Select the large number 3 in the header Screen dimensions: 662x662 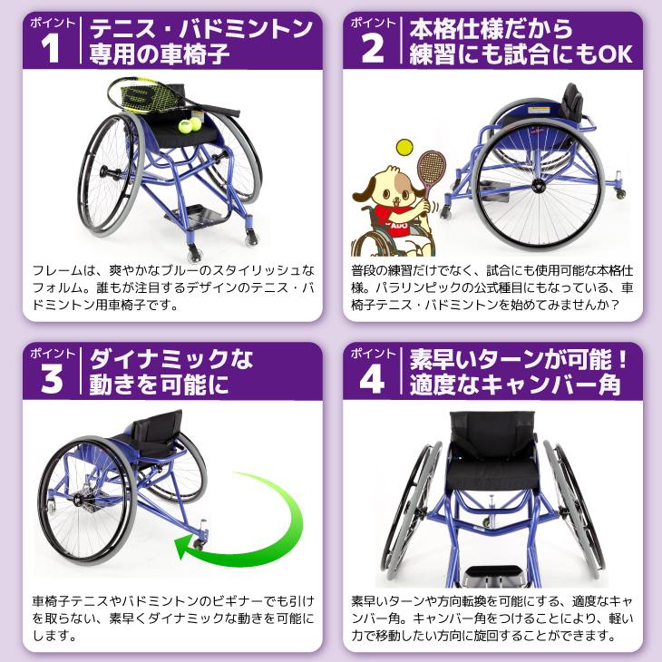(52, 379)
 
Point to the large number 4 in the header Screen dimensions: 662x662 (373, 379)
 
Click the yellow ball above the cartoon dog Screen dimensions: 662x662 (402, 147)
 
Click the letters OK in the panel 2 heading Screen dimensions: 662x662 (613, 55)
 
